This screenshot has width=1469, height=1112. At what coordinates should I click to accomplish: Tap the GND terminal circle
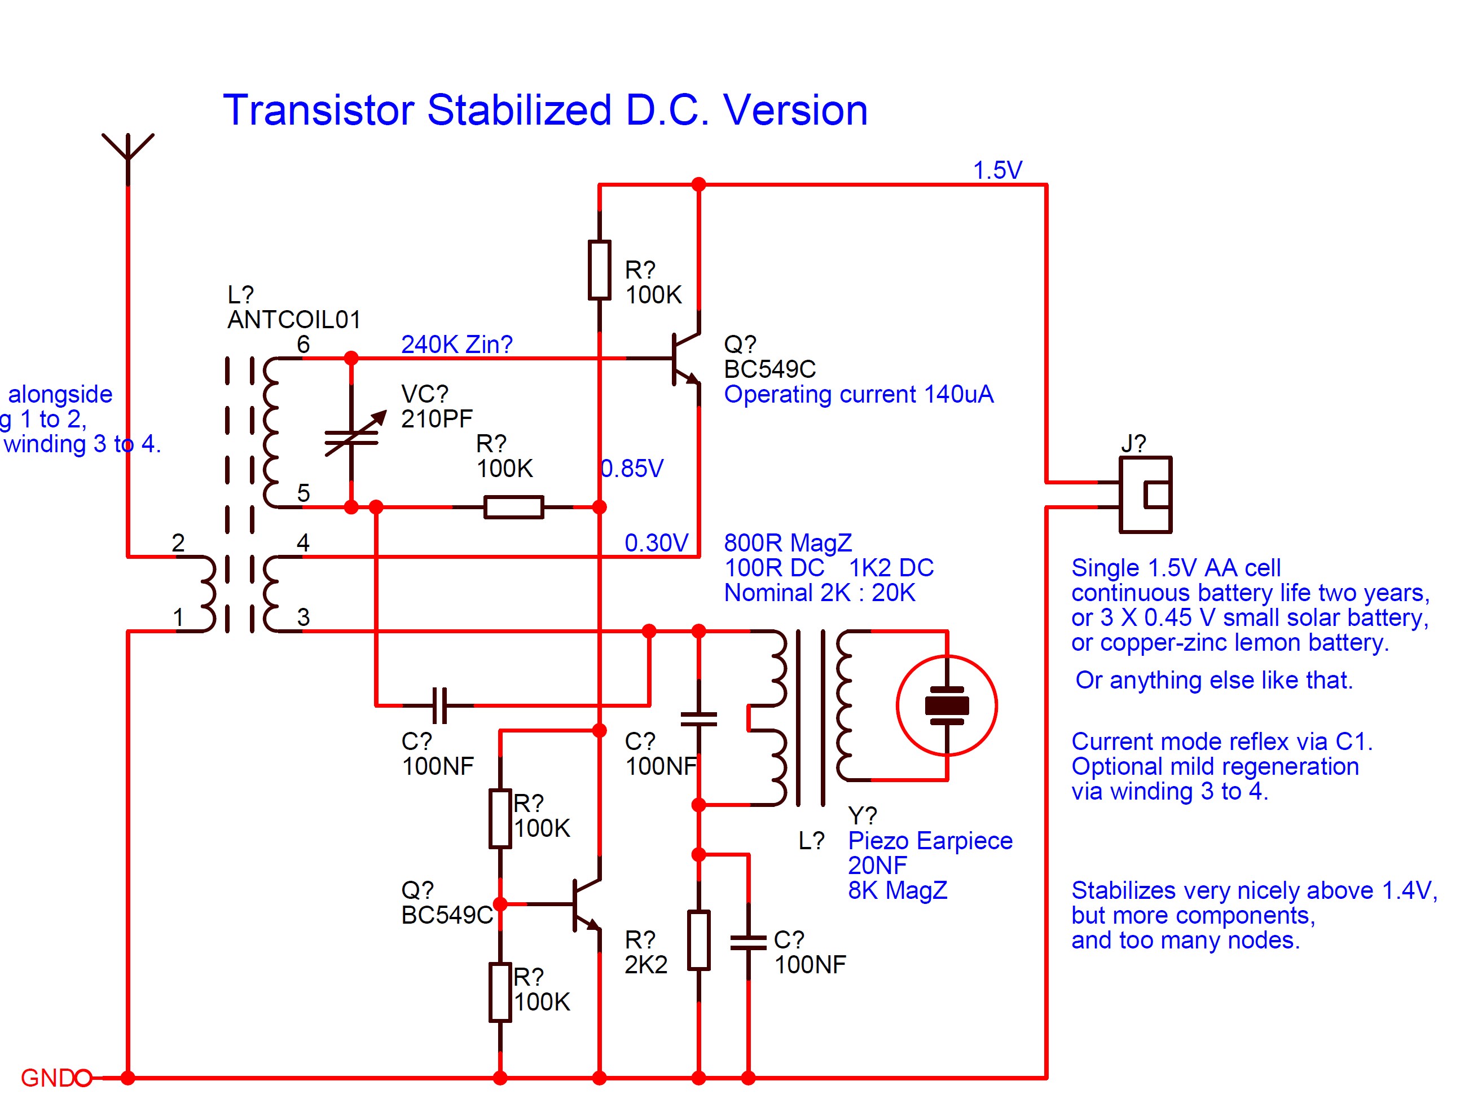coord(83,1078)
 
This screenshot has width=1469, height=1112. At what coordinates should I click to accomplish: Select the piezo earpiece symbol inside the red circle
coord(947,705)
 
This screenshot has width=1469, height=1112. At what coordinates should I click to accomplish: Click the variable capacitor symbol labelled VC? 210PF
coord(352,435)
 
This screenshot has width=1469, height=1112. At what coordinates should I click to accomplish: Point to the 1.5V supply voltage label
coord(997,171)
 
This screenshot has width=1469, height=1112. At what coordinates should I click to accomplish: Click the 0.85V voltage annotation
coord(632,469)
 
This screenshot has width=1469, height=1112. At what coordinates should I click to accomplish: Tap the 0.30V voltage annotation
coord(656,543)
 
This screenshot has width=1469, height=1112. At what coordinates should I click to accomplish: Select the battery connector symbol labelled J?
coord(1145,495)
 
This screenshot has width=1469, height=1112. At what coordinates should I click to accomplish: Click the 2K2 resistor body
coord(698,940)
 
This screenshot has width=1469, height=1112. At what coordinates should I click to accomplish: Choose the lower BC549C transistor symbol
coord(584,904)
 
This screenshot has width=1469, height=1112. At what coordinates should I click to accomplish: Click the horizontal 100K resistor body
coord(513,507)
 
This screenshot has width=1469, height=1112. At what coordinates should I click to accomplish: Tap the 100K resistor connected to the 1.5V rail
coord(599,271)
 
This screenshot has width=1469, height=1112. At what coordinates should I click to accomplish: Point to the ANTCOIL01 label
coord(293,320)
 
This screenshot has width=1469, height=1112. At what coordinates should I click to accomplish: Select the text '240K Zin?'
coord(456,345)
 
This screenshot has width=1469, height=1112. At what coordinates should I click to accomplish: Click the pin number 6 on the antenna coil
coord(303,345)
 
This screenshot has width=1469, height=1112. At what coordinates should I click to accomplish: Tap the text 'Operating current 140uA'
coord(858,394)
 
